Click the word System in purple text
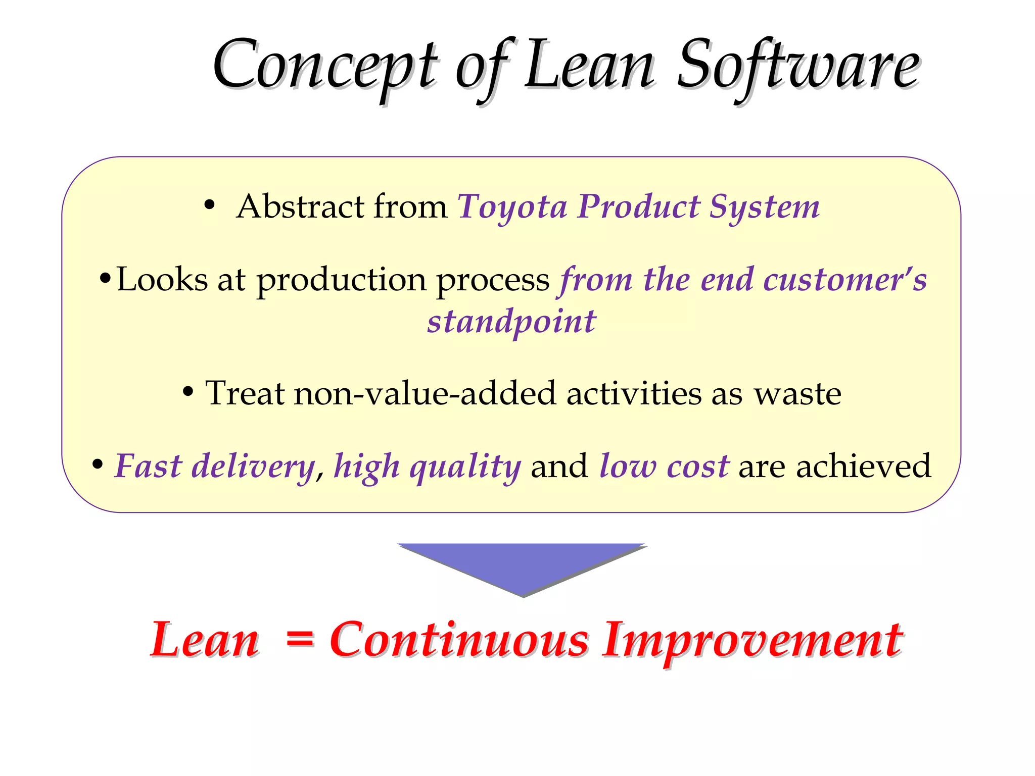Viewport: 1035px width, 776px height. (x=764, y=207)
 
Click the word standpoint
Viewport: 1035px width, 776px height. (x=511, y=322)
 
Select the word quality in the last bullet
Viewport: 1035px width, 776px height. (x=465, y=467)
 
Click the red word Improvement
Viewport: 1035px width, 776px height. (x=752, y=640)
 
